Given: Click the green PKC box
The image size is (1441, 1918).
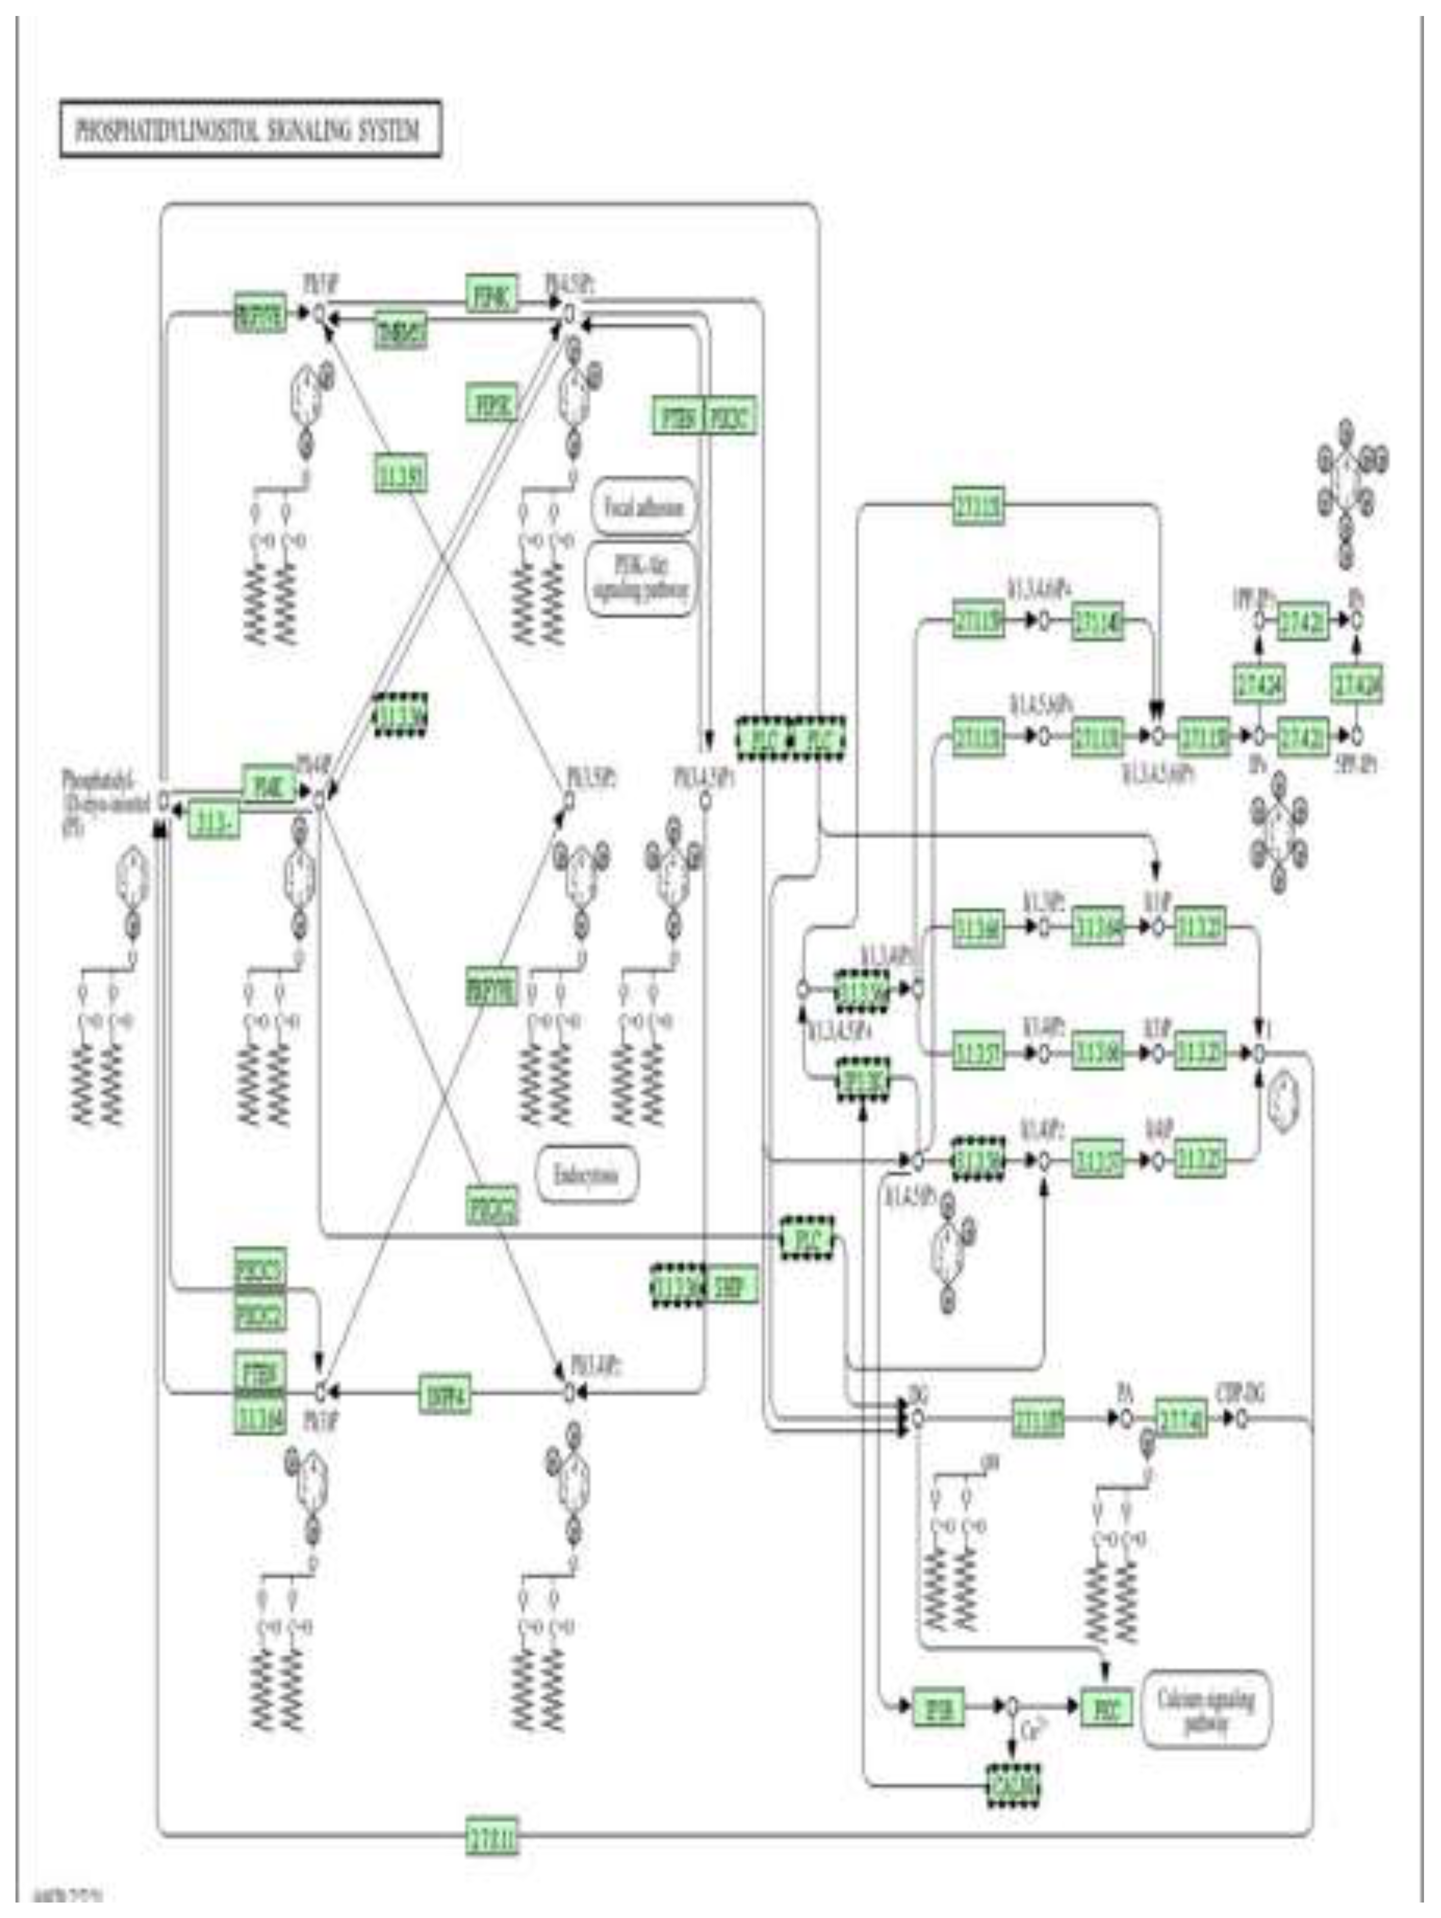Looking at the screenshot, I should pyautogui.click(x=1106, y=1708).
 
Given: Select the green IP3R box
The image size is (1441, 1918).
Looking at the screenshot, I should pyautogui.click(x=939, y=1708).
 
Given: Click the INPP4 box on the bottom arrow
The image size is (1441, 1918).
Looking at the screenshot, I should pyautogui.click(x=445, y=1393).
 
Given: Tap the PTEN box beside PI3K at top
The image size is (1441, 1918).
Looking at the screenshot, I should pyautogui.click(x=678, y=417).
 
